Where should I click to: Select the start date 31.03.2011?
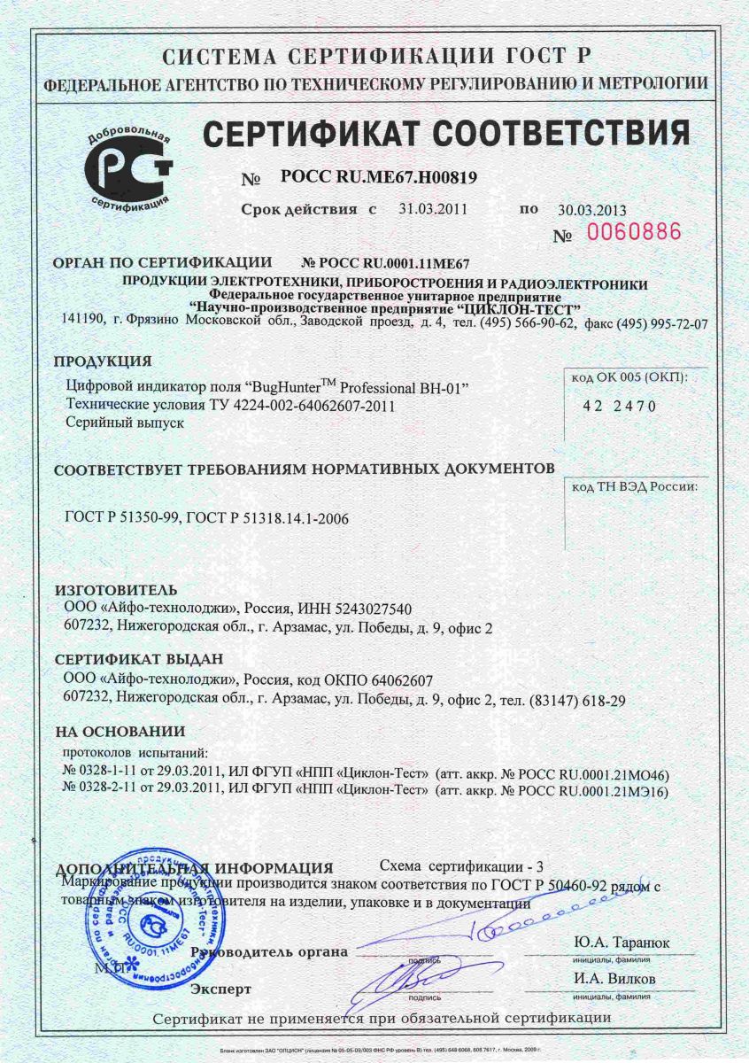click(x=433, y=210)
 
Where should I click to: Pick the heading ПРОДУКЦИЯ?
click(x=103, y=361)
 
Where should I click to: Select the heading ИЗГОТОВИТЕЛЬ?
click(x=116, y=590)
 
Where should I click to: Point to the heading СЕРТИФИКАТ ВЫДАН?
click(x=139, y=660)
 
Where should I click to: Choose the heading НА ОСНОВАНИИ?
click(x=120, y=732)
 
